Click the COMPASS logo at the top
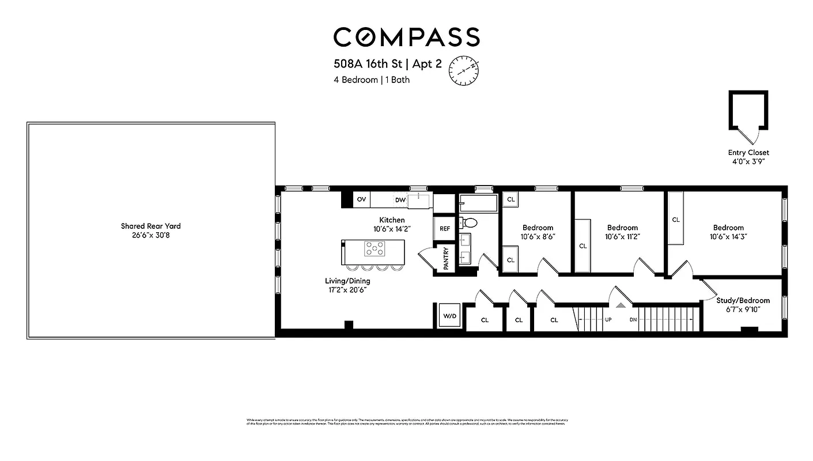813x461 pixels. point(406,37)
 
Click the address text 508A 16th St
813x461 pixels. point(366,63)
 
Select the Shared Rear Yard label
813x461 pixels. point(150,226)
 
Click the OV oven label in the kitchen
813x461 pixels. point(361,199)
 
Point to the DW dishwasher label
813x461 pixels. point(400,200)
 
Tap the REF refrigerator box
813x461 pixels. point(445,229)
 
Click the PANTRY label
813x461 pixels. point(446,259)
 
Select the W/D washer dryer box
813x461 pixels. point(449,316)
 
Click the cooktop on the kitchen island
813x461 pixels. point(375,249)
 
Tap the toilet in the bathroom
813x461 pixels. point(470,222)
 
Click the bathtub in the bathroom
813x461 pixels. point(478,202)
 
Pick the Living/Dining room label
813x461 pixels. point(347,281)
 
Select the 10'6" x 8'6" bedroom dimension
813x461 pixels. point(538,236)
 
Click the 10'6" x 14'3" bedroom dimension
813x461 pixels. point(728,236)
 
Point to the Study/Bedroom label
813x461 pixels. point(743,300)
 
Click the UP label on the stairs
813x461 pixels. point(608,320)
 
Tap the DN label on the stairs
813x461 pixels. point(633,320)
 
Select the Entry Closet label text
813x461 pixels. point(748,153)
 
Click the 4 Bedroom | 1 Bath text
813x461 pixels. point(372,80)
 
